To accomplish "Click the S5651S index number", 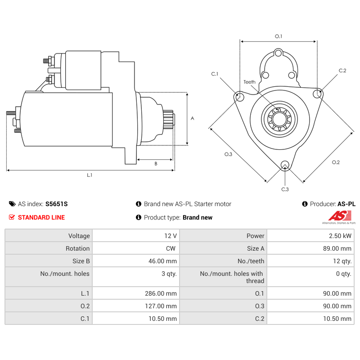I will (57, 204).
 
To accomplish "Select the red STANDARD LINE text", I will (41, 217).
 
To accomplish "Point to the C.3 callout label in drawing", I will (285, 189).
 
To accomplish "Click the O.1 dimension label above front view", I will (278, 36).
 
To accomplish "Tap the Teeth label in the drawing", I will (249, 82).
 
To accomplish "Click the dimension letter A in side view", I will (192, 118).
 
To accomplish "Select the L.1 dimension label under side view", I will (90, 175).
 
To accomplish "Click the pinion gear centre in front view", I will (279, 119).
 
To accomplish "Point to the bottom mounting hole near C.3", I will (284, 165).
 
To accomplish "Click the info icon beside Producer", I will (305, 204).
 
